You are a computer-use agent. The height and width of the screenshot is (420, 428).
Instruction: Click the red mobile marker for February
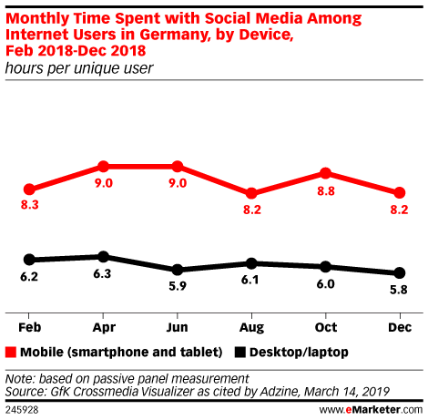click(x=29, y=190)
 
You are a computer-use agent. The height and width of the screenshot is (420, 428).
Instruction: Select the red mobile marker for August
click(x=251, y=193)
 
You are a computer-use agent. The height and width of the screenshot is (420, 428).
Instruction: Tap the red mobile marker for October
click(x=325, y=173)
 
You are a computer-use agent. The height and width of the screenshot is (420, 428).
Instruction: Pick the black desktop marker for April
click(x=104, y=257)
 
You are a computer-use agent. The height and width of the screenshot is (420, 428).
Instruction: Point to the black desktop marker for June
click(x=178, y=270)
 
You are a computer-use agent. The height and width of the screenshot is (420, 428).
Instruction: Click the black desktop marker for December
click(x=400, y=272)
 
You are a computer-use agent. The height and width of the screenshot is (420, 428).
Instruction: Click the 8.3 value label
click(x=30, y=205)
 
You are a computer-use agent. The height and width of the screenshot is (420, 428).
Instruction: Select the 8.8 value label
click(x=326, y=191)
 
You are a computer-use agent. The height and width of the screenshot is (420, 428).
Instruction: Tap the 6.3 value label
click(x=102, y=273)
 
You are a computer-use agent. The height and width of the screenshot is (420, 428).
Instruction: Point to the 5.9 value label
click(x=178, y=286)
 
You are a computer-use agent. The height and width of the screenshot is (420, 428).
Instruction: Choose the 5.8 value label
click(x=399, y=290)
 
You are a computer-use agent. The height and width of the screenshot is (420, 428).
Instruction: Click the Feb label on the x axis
click(x=29, y=327)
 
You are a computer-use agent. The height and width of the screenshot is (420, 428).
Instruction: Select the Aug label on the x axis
click(x=251, y=328)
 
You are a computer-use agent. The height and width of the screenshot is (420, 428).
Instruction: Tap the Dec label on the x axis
click(x=400, y=327)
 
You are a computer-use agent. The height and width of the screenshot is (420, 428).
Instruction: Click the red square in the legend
click(x=11, y=353)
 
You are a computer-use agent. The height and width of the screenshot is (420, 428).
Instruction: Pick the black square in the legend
click(x=240, y=353)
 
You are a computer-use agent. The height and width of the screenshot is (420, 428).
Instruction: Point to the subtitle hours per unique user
click(x=79, y=68)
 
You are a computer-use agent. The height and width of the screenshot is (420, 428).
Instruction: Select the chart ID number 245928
click(x=22, y=410)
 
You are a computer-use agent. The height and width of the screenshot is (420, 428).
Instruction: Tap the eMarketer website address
click(x=371, y=410)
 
